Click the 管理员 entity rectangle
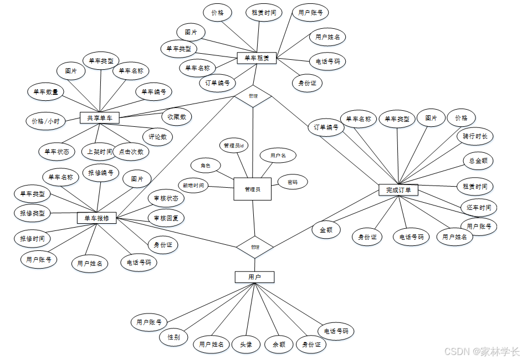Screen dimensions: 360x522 click(x=252, y=189)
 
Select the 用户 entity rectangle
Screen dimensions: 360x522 click(x=254, y=277)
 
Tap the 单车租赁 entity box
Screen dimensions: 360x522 click(x=257, y=58)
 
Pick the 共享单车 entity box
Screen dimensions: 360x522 click(x=99, y=117)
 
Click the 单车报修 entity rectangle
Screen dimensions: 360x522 click(x=96, y=218)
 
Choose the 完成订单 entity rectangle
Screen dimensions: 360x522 click(x=398, y=190)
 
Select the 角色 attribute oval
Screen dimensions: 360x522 click(x=205, y=165)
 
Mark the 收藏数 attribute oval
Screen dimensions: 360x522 click(x=177, y=117)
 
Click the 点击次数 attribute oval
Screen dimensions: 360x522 click(x=131, y=151)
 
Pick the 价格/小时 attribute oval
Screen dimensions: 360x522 click(x=46, y=120)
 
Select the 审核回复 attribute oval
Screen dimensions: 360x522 click(x=166, y=218)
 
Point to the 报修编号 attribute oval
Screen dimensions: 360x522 click(x=101, y=172)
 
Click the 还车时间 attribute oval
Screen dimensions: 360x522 click(x=479, y=207)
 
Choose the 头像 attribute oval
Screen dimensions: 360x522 click(x=246, y=344)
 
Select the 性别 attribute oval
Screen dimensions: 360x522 click(x=173, y=337)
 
